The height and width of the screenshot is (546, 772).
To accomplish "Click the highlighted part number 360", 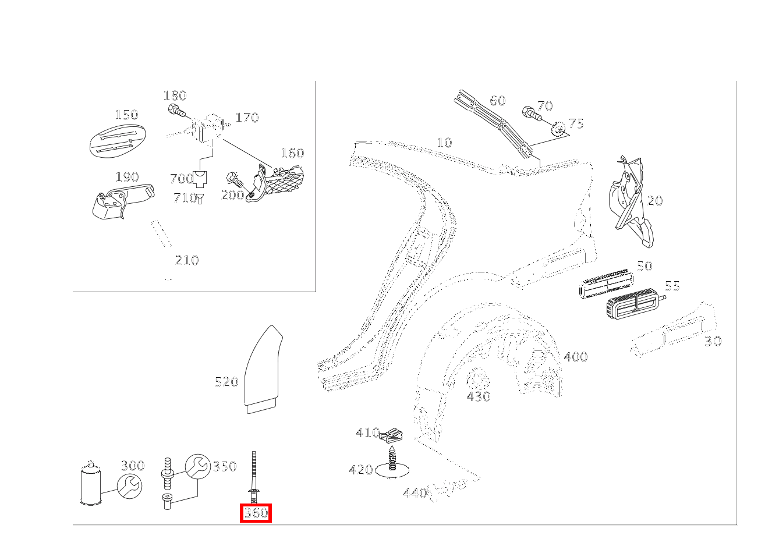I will point(256,513).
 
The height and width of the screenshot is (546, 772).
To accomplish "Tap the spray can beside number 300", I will point(90,484).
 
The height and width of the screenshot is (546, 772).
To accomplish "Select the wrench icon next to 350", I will point(197,466).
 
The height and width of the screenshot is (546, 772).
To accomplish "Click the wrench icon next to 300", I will point(129,485).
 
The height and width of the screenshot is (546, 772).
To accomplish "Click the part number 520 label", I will point(226,382).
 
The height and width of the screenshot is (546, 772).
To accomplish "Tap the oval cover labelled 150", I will point(117,140).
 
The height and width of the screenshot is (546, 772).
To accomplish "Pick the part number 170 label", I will point(247,118).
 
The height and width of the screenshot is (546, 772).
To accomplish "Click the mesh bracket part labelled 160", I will point(281,182).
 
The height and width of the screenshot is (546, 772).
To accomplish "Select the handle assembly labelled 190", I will point(121,201).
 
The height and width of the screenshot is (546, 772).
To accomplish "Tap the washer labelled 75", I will point(558,129).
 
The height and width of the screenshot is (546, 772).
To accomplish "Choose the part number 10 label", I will point(444,143).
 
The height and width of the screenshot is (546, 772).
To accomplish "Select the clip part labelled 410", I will point(391,434).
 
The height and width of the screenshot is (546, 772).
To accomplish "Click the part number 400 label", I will point(575,357).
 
